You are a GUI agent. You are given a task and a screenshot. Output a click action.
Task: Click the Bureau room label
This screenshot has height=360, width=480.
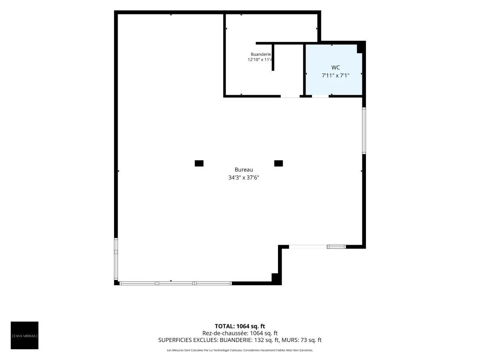pyautogui.click(x=244, y=170)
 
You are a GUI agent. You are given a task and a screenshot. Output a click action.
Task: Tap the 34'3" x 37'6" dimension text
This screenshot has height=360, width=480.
pyautogui.click(x=244, y=178)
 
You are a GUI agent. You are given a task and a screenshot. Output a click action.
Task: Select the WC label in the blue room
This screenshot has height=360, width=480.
pyautogui.click(x=336, y=68)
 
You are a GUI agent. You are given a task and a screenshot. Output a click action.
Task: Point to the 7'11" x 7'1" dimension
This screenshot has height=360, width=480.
pyautogui.click(x=336, y=76)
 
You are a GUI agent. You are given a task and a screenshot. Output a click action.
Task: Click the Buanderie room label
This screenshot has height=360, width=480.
pyautogui.click(x=261, y=54)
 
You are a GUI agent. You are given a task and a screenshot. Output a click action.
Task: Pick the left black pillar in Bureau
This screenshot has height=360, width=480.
pyautogui.click(x=199, y=163)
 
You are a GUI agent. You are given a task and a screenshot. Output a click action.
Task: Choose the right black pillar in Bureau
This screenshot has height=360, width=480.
pyautogui.click(x=278, y=163)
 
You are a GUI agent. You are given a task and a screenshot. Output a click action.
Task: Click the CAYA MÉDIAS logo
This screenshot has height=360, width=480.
pyautogui.click(x=24, y=335)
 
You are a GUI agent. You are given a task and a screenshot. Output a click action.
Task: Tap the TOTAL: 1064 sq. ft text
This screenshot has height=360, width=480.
pyautogui.click(x=240, y=326)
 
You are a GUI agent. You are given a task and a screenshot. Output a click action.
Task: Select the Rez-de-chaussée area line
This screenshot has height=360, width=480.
pyautogui.click(x=240, y=333)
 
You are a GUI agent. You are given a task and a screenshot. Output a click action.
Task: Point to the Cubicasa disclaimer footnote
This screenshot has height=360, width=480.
pyautogui.click(x=240, y=350)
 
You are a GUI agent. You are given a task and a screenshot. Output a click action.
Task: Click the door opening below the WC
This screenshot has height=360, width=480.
pyautogui.click(x=320, y=96)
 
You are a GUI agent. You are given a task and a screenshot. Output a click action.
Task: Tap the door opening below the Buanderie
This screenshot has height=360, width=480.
pyautogui.click(x=290, y=96)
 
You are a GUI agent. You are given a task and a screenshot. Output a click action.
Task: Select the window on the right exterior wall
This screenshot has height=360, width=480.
pyautogui.click(x=364, y=130)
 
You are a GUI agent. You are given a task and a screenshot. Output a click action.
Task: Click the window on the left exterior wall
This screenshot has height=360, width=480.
pyautogui.click(x=116, y=259)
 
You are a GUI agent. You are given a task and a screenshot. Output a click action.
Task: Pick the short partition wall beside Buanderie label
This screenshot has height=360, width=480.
pyautogui.click(x=273, y=57)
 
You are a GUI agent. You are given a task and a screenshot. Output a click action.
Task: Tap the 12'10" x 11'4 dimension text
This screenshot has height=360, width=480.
pyautogui.click(x=260, y=60)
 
